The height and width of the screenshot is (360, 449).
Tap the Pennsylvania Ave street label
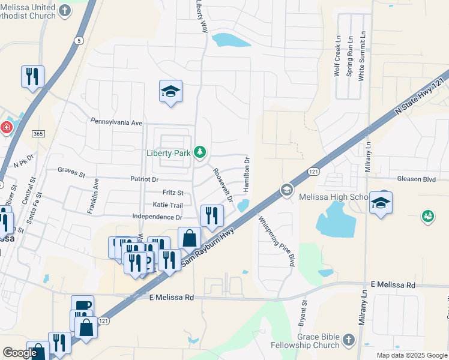tap(116, 122)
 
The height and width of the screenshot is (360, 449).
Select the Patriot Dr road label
tap(145, 179)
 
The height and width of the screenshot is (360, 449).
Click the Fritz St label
tap(173, 193)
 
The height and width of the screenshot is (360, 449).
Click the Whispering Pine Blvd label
tap(278, 241)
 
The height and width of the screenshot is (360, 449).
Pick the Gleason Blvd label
tap(415, 179)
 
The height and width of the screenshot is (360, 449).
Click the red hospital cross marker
tap(6, 128)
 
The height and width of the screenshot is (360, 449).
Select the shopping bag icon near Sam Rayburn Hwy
tap(190, 238)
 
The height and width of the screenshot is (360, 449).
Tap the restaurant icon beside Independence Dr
tap(211, 215)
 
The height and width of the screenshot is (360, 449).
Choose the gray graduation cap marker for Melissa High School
tap(286, 190)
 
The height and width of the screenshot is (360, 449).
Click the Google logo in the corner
tap(20, 353)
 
